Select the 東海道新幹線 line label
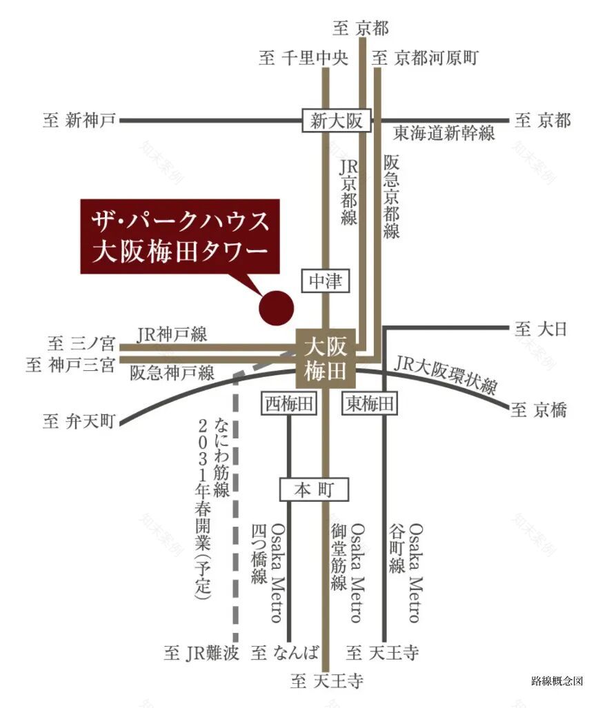pos(444,134)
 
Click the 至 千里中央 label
pos(304,58)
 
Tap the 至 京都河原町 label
pos(425,58)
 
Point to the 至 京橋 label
pos(538,411)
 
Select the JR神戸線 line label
pos(172,334)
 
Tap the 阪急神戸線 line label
pos(172,374)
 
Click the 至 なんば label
pos(286,651)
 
